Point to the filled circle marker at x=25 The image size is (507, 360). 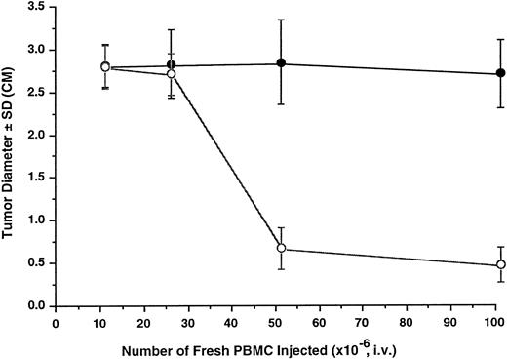171,65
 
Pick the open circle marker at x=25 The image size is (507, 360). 171,74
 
